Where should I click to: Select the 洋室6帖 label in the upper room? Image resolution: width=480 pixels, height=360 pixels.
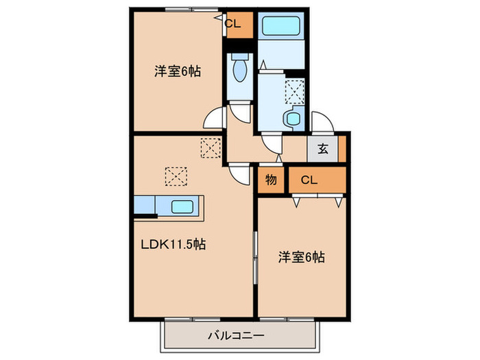(x=177, y=71)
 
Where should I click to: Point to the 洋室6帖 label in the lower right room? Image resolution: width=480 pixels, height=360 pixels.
(x=301, y=258)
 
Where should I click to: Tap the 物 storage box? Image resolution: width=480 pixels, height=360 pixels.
(x=272, y=181)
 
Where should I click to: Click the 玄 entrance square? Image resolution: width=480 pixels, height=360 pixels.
(x=322, y=149)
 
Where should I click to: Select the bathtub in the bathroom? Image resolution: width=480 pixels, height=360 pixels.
(x=283, y=29)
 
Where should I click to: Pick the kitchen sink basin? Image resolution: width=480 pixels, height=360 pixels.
(x=182, y=206)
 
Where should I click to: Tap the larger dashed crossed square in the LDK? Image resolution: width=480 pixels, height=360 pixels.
(x=176, y=176)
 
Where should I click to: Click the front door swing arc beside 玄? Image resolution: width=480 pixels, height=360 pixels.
(x=321, y=123)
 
